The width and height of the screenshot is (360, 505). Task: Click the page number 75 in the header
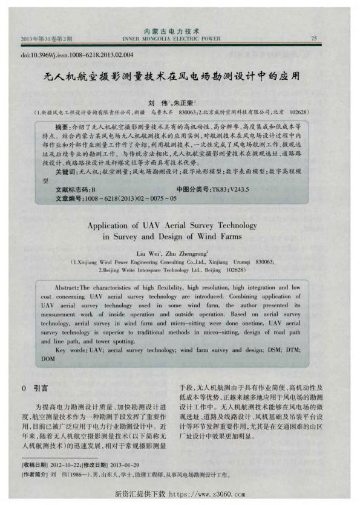tap(313, 38)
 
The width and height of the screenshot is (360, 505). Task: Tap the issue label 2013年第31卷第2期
tap(47, 38)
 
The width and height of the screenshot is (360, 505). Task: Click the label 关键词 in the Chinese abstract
tap(65, 172)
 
